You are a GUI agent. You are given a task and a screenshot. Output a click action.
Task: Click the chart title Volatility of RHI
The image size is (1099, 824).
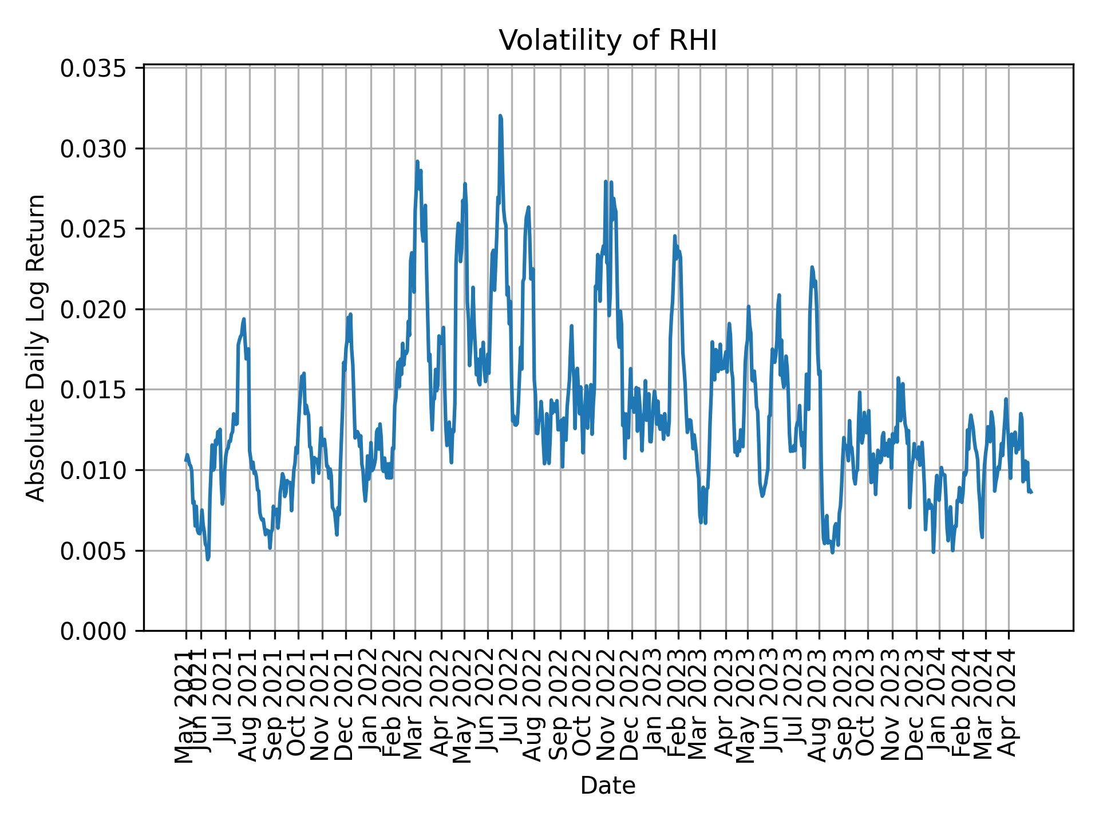608,41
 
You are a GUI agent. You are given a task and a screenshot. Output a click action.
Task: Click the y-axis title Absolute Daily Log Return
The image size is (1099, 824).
37,348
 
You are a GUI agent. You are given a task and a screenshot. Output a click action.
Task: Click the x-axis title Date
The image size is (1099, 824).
608,786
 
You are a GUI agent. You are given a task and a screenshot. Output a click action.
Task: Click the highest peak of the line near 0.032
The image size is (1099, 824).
500,116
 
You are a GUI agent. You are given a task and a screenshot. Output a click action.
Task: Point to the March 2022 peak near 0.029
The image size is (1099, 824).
417,162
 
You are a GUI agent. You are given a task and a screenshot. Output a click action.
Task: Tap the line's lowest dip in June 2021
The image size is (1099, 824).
208,559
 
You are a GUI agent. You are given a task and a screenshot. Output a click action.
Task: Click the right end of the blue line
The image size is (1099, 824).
1031,492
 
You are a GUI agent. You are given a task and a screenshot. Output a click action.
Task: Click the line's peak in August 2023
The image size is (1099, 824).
812,267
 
